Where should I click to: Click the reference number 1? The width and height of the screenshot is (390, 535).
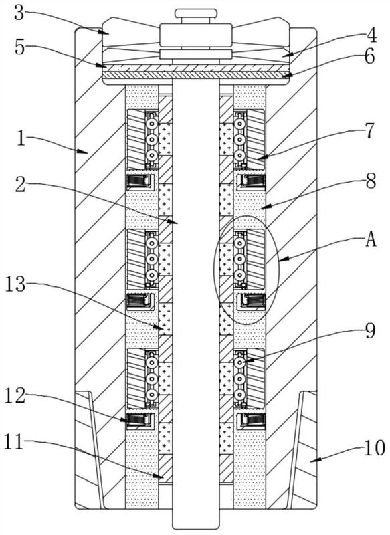pos(21,138)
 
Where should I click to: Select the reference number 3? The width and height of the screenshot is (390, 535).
pos(19,13)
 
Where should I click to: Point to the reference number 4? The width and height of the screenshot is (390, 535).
pos(371,35)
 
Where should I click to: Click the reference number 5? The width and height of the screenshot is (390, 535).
pos(20,47)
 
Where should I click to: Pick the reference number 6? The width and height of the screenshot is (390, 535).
pos(369,57)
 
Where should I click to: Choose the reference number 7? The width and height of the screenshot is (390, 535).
pos(369,131)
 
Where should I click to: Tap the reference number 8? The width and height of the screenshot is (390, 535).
pos(370,181)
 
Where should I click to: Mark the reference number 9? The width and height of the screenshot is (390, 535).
pos(369,330)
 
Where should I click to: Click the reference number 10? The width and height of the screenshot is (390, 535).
pos(375,447)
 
